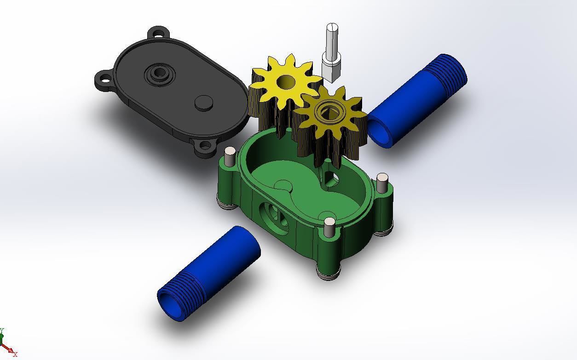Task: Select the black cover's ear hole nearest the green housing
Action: pyautogui.click(x=204, y=147)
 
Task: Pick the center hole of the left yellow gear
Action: pyautogui.click(x=286, y=82)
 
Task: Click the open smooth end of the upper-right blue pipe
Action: pyautogui.click(x=380, y=132)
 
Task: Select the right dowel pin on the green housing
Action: pyautogui.click(x=382, y=183)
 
